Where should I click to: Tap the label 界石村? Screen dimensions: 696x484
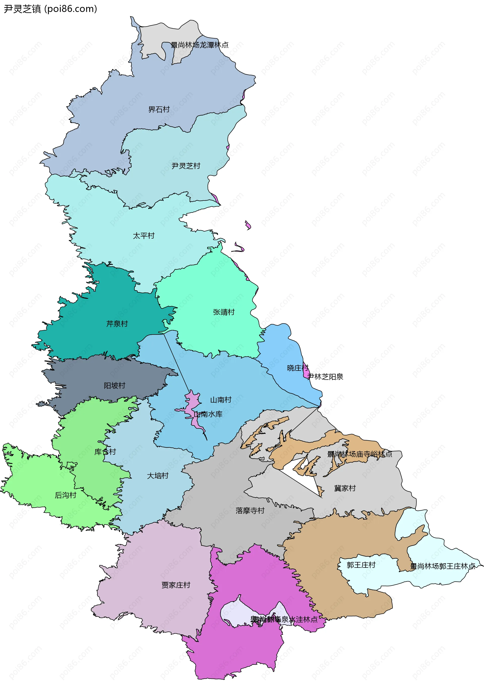[x=159, y=109]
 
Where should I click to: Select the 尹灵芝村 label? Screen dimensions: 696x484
[x=186, y=166]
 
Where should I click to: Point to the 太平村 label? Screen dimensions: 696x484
[x=143, y=236]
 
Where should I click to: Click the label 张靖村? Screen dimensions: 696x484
[x=224, y=312]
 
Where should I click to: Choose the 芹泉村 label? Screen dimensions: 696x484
[x=117, y=324]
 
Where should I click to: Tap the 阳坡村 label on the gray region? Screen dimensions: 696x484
[x=114, y=385]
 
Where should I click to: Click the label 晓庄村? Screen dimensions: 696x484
[x=297, y=368]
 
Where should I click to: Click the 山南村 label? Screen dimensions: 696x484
[x=221, y=400]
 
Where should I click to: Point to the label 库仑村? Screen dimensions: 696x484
[x=105, y=452]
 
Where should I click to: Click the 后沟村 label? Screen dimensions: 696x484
[x=65, y=495]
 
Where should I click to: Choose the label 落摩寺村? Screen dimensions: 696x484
[x=250, y=511]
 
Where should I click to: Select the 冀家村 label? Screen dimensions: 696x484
[x=345, y=488]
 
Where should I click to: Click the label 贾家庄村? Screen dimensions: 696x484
[x=176, y=585]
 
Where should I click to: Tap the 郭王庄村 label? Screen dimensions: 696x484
[x=361, y=565]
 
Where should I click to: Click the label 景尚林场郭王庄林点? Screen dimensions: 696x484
[x=442, y=566]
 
